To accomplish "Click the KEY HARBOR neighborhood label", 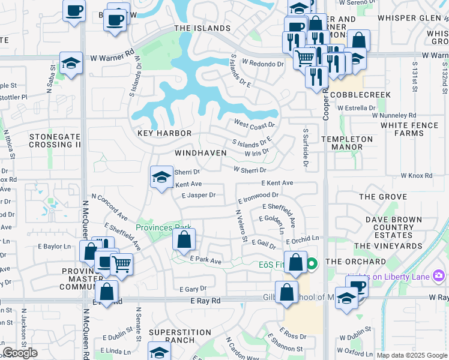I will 164,133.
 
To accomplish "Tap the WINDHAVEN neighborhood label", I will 200,153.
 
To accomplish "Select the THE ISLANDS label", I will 202,28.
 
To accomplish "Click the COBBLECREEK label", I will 360,95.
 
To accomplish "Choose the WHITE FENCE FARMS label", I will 414,129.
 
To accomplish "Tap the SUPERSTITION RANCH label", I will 172,336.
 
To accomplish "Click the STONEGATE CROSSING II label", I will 55,140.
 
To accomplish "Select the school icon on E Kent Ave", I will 161,177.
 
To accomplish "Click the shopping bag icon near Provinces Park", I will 184,240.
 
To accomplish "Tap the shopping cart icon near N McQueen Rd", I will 121,263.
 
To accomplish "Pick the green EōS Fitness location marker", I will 312,263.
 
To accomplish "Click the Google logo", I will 20,353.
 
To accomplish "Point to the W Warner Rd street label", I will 112,58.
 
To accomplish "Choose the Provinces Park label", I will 163,227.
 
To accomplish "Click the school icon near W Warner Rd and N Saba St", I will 71,64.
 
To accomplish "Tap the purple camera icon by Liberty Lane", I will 439,275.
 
